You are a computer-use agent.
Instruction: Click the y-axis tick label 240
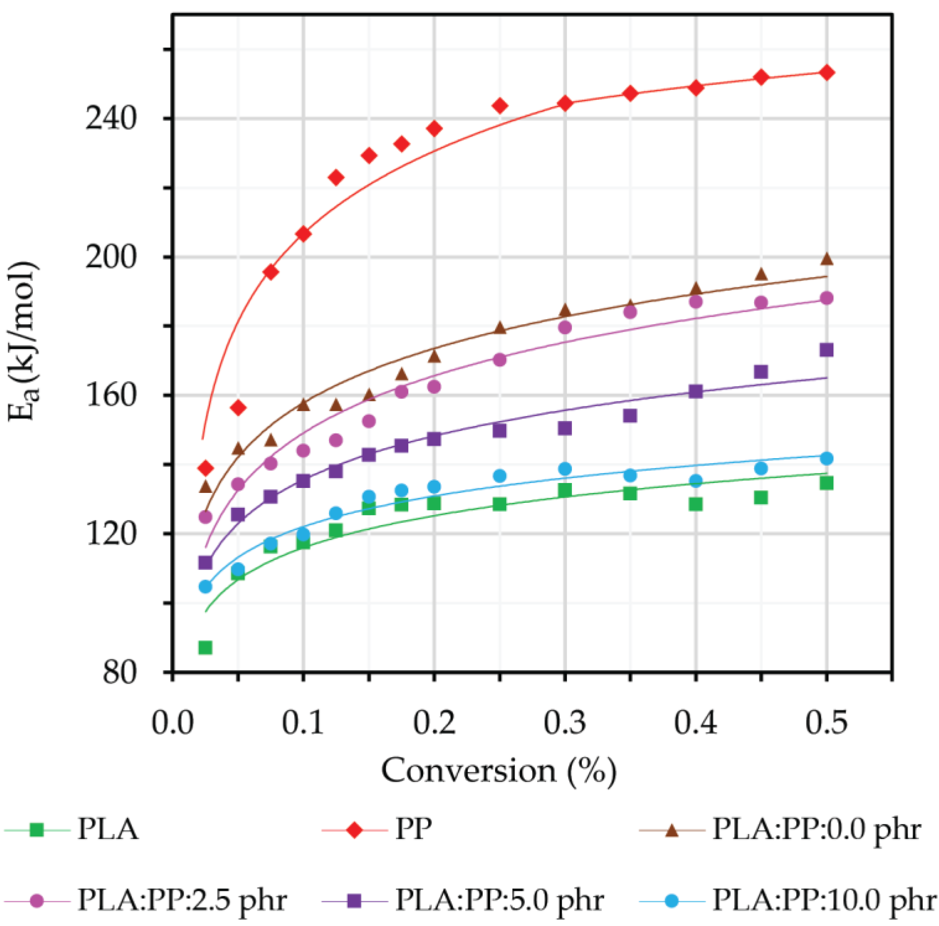110,118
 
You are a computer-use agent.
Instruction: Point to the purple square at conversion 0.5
826,350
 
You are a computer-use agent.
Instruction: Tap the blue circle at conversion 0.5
826,458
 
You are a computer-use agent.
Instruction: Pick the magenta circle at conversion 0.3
565,327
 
